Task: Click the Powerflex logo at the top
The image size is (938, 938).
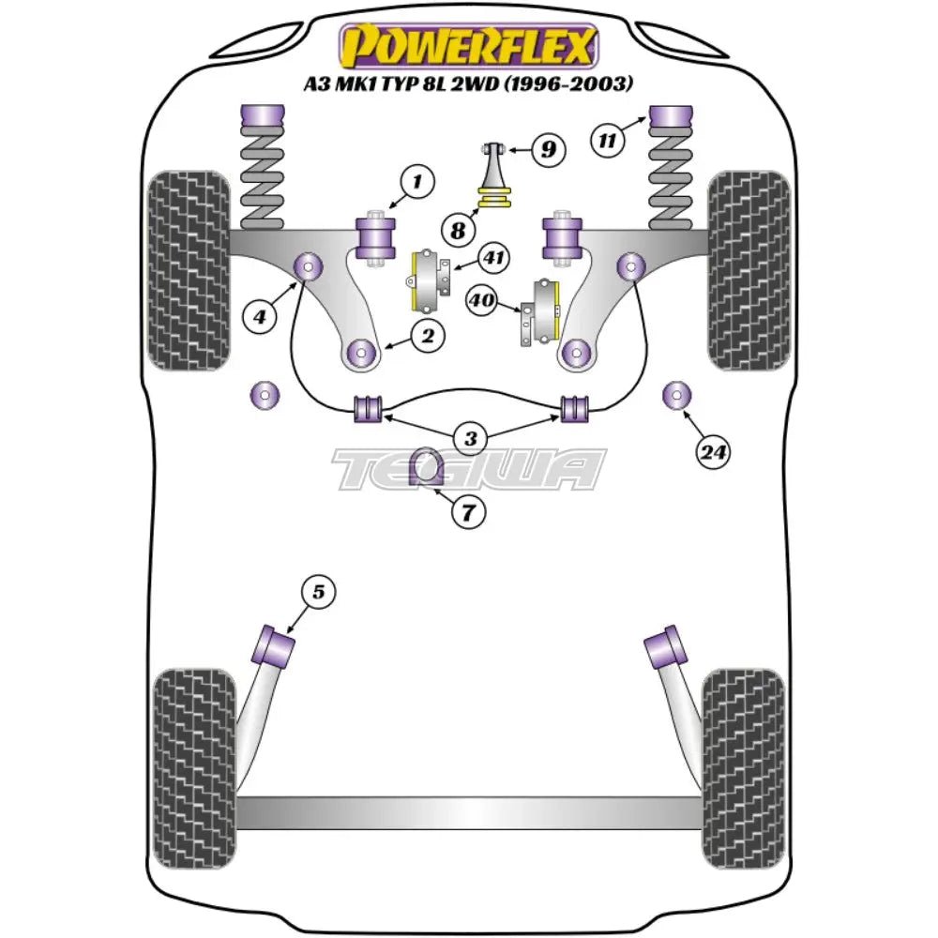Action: (468, 47)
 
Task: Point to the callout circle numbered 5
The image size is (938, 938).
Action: (318, 592)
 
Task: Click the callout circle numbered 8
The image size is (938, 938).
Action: (457, 229)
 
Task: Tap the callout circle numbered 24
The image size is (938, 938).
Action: (713, 453)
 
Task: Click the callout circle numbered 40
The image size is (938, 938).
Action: (481, 300)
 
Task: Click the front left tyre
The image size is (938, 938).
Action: (190, 270)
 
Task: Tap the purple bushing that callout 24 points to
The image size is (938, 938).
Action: (674, 397)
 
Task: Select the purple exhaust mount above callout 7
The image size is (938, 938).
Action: (429, 469)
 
